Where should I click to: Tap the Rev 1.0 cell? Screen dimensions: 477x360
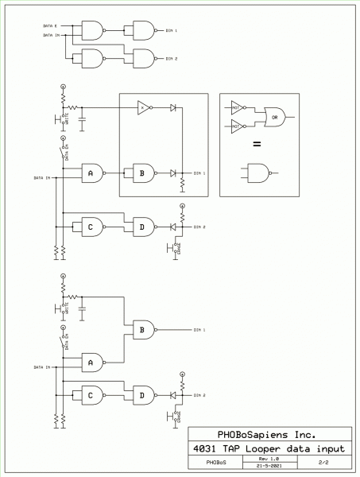point(270,459)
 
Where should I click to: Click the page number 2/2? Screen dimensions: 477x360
point(323,462)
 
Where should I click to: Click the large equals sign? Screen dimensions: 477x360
point(257,145)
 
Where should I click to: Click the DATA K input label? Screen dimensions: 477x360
point(53,27)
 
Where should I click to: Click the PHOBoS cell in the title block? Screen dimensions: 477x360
point(215,462)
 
